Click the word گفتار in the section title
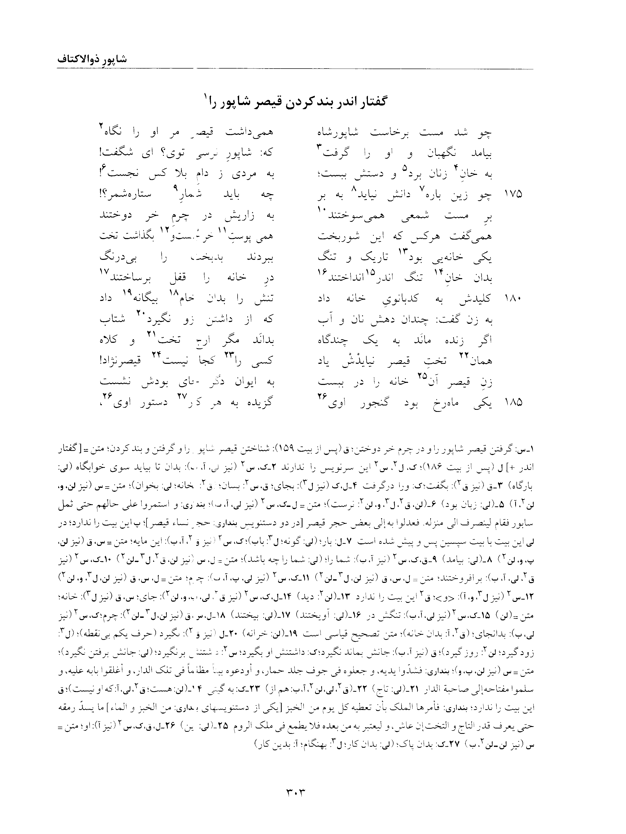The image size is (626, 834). pyautogui.click(x=371, y=102)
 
